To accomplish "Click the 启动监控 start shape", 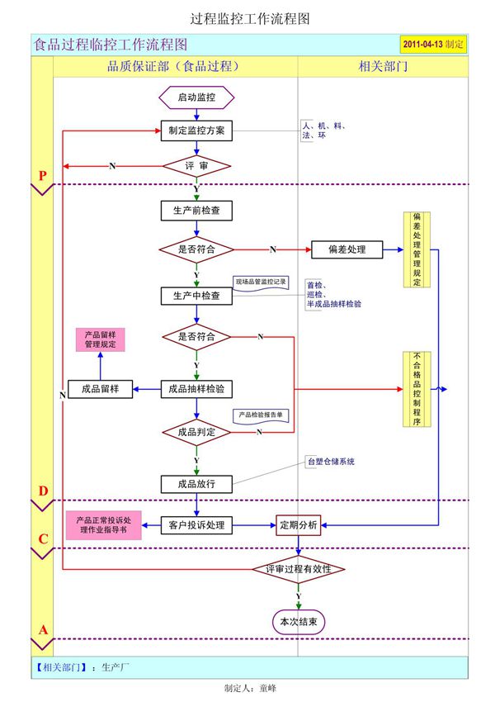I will (x=196, y=97).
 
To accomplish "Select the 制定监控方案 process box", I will (x=196, y=130).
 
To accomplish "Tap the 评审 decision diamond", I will (x=196, y=166).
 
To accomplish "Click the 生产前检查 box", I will (x=196, y=211).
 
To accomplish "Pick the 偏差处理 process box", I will (x=346, y=249).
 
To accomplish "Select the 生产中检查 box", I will (x=196, y=296).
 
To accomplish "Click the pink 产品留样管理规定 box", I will (x=100, y=339).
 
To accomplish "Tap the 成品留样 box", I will (x=100, y=389).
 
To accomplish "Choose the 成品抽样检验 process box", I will (x=196, y=389).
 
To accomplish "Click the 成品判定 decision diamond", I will (x=196, y=431).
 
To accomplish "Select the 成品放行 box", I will (x=196, y=483).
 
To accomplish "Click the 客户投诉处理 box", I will (x=196, y=524).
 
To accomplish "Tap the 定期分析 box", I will (x=298, y=524).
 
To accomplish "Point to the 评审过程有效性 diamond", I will (x=298, y=569).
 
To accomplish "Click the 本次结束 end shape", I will (x=298, y=620).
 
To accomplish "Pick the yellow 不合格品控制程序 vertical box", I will (x=417, y=389).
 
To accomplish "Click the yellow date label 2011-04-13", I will (x=433, y=45).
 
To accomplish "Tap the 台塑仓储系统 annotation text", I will (x=330, y=461).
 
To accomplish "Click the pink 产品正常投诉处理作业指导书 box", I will (x=103, y=525).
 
